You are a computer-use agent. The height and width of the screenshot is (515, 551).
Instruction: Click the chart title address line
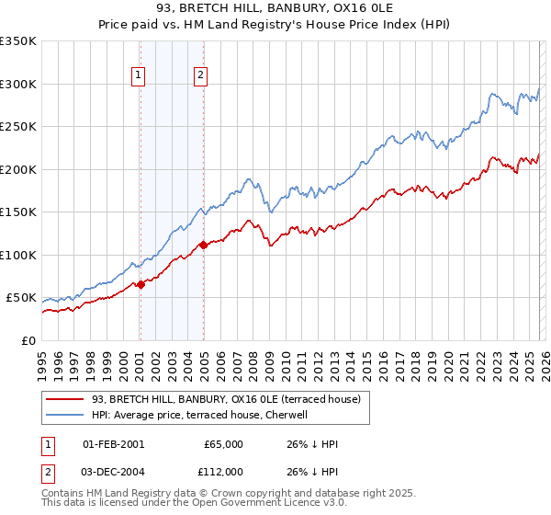[x=275, y=10]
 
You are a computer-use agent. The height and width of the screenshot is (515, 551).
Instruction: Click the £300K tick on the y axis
[x=18, y=84]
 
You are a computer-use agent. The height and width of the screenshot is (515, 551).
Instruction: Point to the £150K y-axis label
[x=18, y=212]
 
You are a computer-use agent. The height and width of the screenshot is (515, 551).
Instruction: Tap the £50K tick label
[x=22, y=298]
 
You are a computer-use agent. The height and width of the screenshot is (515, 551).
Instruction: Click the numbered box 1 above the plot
[x=139, y=75]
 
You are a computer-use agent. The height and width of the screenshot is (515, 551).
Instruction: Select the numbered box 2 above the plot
[x=200, y=75]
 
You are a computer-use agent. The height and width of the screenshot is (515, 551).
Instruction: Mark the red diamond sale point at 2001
[x=141, y=285]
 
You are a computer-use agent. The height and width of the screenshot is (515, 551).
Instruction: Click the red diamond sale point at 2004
[x=203, y=245]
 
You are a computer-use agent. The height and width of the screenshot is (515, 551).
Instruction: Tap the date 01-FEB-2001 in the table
[x=113, y=444]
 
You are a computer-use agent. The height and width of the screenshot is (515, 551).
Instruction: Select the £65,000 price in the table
[x=224, y=444]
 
